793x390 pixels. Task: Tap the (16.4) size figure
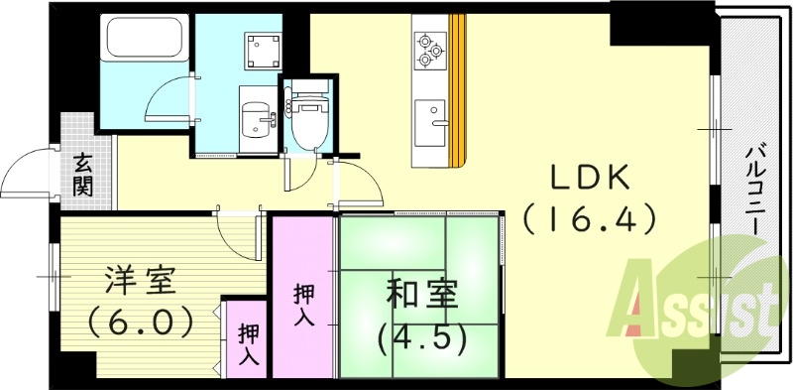point(589,217)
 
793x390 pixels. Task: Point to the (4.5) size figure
point(420,337)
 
